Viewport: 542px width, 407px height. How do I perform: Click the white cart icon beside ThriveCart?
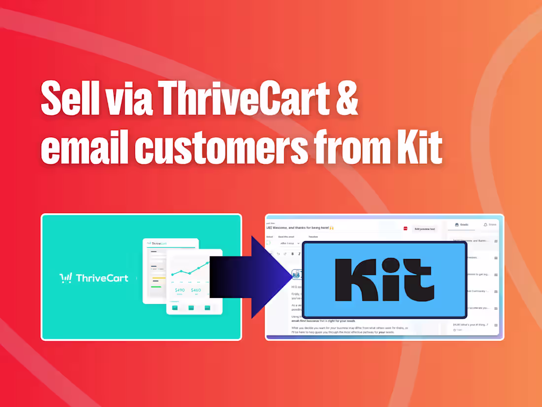[66, 278]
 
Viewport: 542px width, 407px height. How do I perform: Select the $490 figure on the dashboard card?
[179, 290]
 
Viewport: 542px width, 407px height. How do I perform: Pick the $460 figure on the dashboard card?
[196, 290]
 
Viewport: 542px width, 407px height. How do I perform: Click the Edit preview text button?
[424, 229]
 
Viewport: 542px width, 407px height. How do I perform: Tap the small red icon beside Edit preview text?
[406, 228]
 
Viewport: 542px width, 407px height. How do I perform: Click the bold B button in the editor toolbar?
[293, 254]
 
